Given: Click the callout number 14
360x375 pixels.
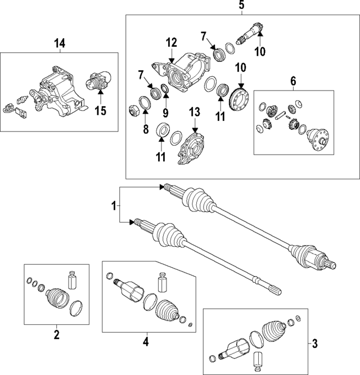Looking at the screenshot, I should (x=59, y=43).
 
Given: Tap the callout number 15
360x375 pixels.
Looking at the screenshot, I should (x=100, y=111).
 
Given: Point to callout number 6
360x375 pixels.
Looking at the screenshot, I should (x=292, y=81).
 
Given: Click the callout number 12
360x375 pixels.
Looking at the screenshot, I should (x=171, y=43).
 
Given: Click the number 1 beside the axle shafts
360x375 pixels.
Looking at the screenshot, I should (x=115, y=207).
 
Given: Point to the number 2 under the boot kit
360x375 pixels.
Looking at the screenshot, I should (x=56, y=336).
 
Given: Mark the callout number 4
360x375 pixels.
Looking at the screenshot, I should (x=145, y=341).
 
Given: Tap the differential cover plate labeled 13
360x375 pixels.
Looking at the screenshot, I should (x=191, y=147).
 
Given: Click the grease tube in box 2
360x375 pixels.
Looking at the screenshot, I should (x=71, y=280).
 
